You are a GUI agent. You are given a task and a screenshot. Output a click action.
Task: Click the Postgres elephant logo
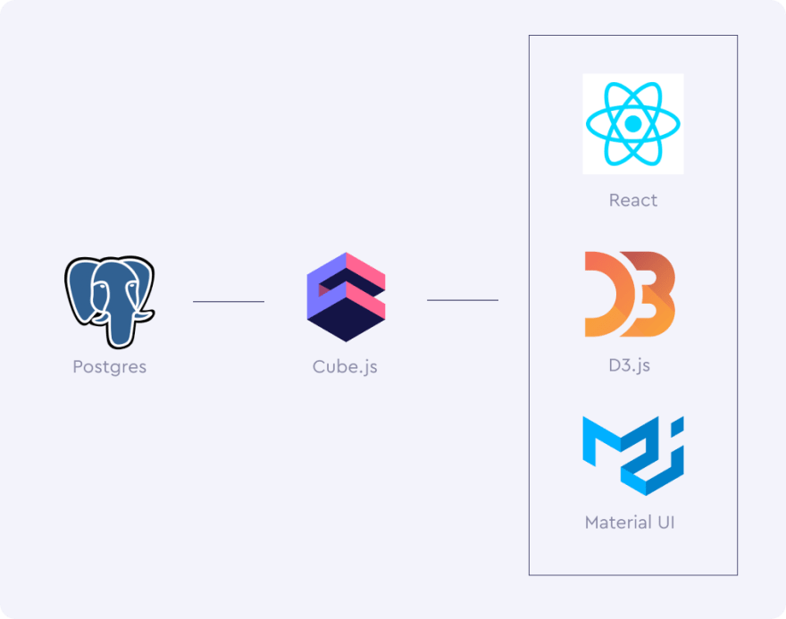point(109,301)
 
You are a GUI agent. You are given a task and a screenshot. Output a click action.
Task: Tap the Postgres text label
point(109,366)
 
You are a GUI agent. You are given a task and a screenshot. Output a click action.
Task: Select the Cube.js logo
point(346,297)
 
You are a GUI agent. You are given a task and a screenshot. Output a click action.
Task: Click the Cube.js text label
point(345,366)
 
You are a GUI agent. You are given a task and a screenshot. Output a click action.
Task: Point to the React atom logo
point(632,123)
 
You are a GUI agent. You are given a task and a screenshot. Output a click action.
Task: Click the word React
point(632,200)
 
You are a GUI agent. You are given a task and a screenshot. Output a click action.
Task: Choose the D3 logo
point(629,294)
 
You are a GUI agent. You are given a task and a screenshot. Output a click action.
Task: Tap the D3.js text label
point(630,364)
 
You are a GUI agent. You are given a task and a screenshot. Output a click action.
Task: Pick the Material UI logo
point(632,455)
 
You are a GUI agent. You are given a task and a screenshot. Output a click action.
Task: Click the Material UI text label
point(629,522)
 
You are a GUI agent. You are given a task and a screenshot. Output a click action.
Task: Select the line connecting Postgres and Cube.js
point(229,302)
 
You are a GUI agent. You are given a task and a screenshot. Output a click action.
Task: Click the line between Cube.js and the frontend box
point(463,300)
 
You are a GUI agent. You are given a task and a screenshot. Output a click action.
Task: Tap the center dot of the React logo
point(632,123)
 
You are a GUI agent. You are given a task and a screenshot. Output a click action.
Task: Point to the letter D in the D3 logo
point(604,294)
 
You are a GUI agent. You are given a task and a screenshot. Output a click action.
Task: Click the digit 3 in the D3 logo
point(654,294)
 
